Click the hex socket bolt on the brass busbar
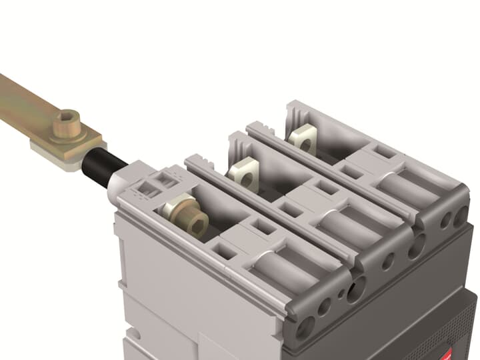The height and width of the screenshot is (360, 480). [x=67, y=125]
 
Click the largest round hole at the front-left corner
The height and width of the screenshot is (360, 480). [x=306, y=327]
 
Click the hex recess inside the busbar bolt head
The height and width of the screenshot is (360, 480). [x=67, y=119]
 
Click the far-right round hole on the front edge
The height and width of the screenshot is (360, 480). [x=461, y=216]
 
